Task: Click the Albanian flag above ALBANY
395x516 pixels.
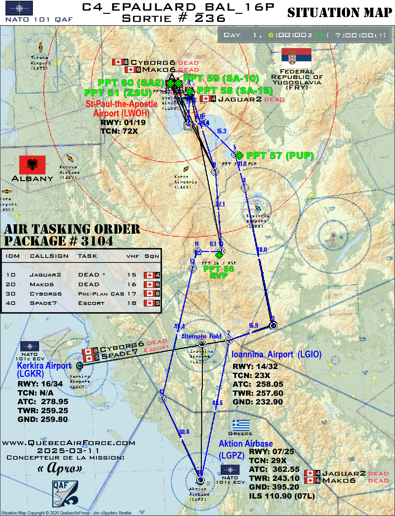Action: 32,165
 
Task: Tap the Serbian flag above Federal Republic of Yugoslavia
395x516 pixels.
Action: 296,58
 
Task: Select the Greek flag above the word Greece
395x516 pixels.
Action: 241,425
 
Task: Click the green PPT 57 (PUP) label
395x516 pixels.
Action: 280,156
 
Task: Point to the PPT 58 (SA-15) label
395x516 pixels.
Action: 235,91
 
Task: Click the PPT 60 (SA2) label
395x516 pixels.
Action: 131,83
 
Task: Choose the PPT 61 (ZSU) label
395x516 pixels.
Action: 118,93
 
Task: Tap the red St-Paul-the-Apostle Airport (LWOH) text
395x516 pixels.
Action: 121,109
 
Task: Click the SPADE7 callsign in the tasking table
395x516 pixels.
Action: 43,303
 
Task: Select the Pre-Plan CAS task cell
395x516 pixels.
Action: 101,294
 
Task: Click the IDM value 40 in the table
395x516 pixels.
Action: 11,303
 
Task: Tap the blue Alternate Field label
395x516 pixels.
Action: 201,336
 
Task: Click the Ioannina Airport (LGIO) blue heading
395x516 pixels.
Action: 276,355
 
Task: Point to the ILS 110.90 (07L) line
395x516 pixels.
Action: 281,496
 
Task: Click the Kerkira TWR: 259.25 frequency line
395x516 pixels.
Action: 43,411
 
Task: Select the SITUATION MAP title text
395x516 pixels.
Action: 340,13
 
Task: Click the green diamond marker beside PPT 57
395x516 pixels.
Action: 239,156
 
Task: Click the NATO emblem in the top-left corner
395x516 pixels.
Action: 19,8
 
